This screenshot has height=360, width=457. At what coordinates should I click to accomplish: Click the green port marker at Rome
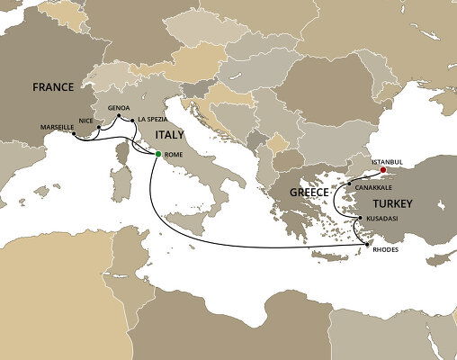pyautogui.click(x=158, y=155)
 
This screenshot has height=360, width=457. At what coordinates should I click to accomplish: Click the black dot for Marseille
pyautogui.click(x=73, y=136)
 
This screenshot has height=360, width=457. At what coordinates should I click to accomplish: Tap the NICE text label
pyautogui.click(x=87, y=119)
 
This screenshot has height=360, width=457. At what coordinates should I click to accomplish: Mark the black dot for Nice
pyautogui.click(x=98, y=128)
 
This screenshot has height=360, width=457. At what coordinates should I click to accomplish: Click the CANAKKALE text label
pyautogui.click(x=374, y=186)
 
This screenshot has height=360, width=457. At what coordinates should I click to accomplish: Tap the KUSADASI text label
pyautogui.click(x=382, y=219)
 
